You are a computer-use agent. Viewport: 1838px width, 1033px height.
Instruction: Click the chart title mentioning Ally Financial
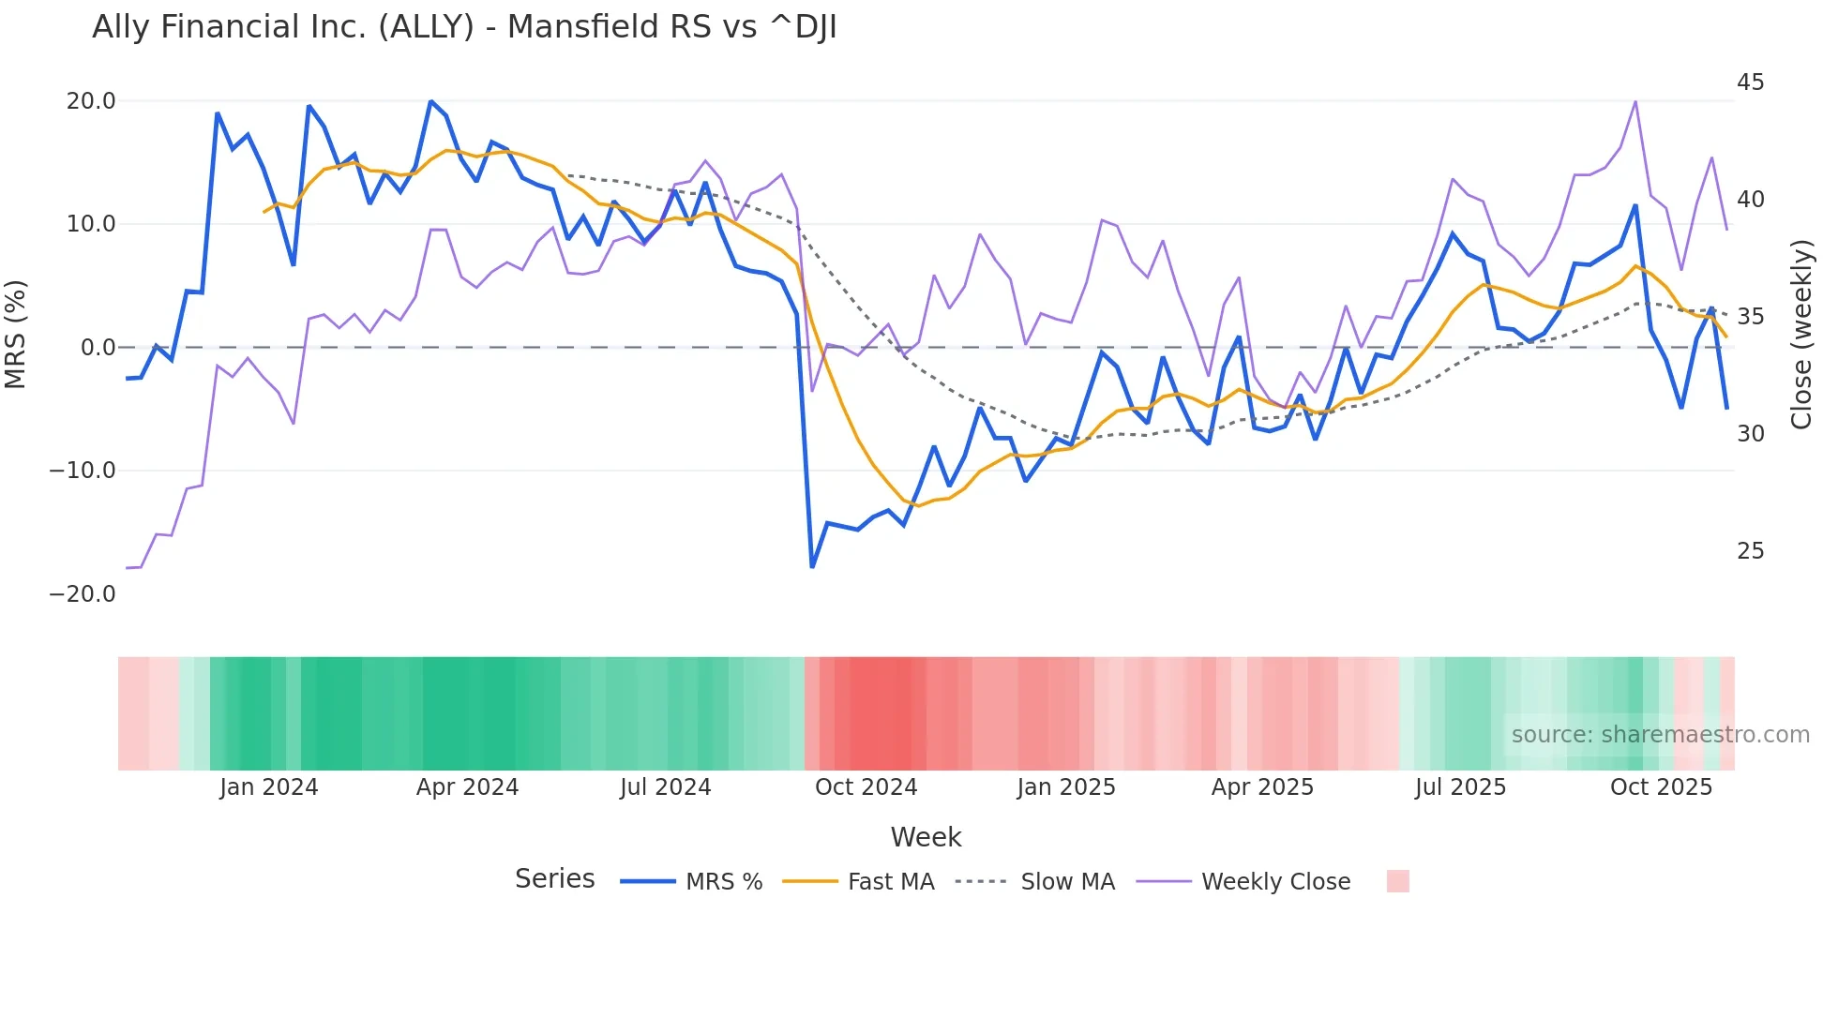[464, 27]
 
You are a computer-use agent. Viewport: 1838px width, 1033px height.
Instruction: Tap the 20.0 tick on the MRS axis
[91, 101]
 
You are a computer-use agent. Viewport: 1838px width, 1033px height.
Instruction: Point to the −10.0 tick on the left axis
[83, 471]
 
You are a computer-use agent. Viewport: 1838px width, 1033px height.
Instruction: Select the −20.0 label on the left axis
[83, 594]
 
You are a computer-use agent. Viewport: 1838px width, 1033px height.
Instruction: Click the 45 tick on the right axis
[1750, 82]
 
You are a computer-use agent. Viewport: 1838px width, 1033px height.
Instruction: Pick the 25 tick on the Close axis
[1750, 551]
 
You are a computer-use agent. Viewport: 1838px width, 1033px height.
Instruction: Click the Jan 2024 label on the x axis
[269, 787]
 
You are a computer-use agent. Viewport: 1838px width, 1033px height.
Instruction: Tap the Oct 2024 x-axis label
[866, 787]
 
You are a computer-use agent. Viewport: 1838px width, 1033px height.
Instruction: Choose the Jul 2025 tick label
[1460, 787]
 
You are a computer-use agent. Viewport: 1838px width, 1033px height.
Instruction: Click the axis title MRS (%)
[16, 334]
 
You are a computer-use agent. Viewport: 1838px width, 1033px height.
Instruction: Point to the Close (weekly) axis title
[1801, 335]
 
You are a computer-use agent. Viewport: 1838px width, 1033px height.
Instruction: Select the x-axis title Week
[926, 837]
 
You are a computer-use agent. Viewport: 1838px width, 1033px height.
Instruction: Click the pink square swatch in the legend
[1397, 881]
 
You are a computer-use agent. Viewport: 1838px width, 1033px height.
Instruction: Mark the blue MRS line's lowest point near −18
[812, 566]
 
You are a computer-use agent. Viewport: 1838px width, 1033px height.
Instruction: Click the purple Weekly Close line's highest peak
[1635, 101]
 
